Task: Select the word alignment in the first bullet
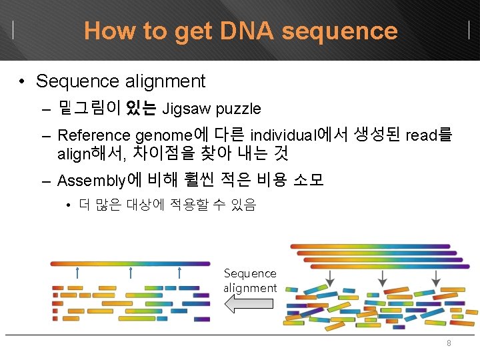coord(165,81)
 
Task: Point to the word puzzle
coord(238,108)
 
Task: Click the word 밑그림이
coord(90,108)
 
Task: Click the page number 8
coord(449,343)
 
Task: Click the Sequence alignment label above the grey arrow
coord(250,281)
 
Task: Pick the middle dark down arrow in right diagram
coord(383,277)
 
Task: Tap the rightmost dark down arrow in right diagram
coord(435,277)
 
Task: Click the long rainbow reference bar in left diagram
coord(130,263)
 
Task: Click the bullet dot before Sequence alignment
coord(23,82)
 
